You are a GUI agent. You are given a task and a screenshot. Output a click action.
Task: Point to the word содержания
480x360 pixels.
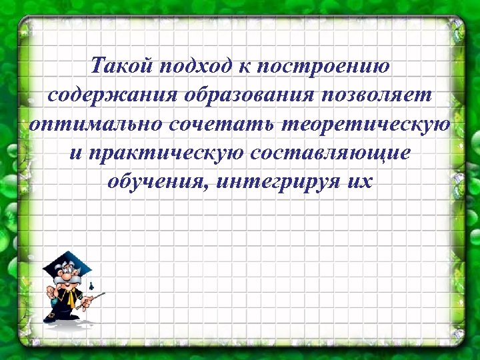pos(113,95)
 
